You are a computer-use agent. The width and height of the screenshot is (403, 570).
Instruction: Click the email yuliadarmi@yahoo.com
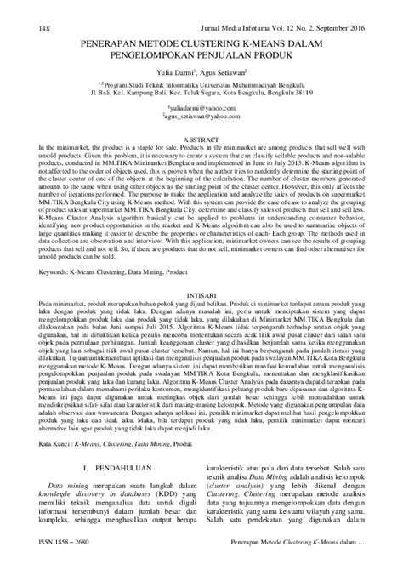point(201,110)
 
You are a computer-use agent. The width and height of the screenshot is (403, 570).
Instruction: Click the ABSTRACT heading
point(201,137)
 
